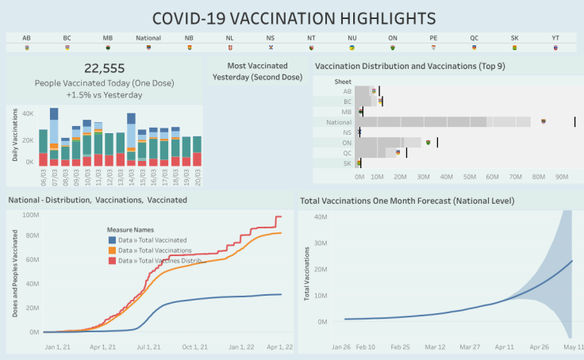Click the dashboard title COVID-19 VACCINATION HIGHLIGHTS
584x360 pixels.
pyautogui.click(x=293, y=17)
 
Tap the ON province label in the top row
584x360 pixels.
pyautogui.click(x=392, y=38)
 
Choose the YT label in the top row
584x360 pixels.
pyautogui.click(x=555, y=38)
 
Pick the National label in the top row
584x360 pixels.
pyautogui.click(x=148, y=38)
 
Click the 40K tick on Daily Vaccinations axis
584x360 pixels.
pyautogui.click(x=26, y=114)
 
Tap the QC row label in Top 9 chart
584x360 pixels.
pyautogui.click(x=347, y=152)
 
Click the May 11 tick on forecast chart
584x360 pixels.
pyautogui.click(x=573, y=347)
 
